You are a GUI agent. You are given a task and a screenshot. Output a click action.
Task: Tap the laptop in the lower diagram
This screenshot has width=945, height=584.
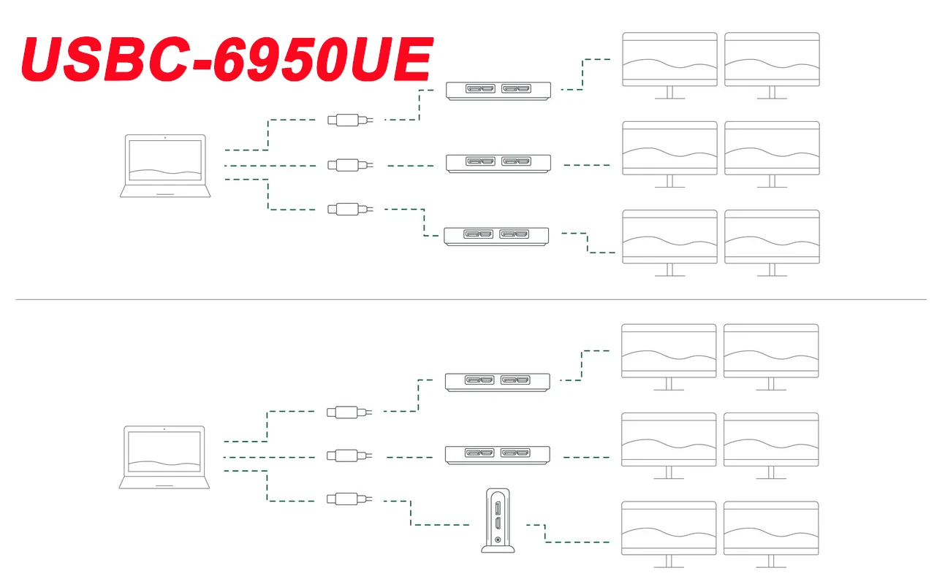coord(164,457)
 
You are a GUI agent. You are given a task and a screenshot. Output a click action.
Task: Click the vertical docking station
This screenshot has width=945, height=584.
coord(498,520)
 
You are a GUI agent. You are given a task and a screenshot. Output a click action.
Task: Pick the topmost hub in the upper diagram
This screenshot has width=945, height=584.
coord(498,90)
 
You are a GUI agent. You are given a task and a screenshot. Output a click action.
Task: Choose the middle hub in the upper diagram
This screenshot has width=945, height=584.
coord(498,162)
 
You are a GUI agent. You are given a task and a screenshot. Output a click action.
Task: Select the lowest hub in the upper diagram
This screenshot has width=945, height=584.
coord(497,235)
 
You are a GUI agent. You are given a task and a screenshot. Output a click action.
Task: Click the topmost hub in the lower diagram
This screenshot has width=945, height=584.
coord(498,381)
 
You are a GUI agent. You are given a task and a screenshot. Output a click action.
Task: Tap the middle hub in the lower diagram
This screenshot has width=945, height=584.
coord(498,455)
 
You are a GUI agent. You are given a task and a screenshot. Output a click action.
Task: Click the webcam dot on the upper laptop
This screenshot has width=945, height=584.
coord(165,137)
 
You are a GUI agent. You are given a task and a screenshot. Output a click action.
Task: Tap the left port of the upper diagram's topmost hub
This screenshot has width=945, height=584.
coord(482,89)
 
